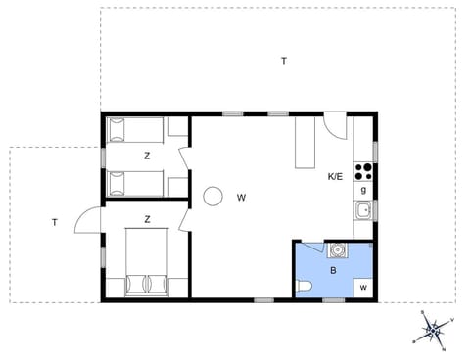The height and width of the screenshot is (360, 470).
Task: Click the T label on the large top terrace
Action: coord(284,61)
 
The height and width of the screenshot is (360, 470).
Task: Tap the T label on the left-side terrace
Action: coord(55,222)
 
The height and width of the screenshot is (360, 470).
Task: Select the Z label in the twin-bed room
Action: coord(147,156)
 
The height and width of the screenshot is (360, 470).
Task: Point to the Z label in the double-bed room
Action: coord(147,219)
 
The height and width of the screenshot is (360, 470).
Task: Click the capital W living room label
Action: coord(241,197)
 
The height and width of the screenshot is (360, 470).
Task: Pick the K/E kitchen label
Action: coord(335,176)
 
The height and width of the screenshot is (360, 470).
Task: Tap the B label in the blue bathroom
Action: coord(333,270)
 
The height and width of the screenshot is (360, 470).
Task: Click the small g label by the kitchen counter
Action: coord(363,189)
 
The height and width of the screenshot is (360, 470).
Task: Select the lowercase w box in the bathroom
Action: coord(363,287)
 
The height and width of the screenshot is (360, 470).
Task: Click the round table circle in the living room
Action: coord(212,197)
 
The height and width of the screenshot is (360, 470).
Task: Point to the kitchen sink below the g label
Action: coord(363,210)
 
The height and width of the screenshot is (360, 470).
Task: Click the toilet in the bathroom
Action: coord(304,286)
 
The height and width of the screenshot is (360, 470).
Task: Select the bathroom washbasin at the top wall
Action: coord(337,250)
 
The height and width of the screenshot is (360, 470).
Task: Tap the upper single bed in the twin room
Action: coord(137,128)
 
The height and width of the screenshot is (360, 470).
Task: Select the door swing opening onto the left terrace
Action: coord(88,220)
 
